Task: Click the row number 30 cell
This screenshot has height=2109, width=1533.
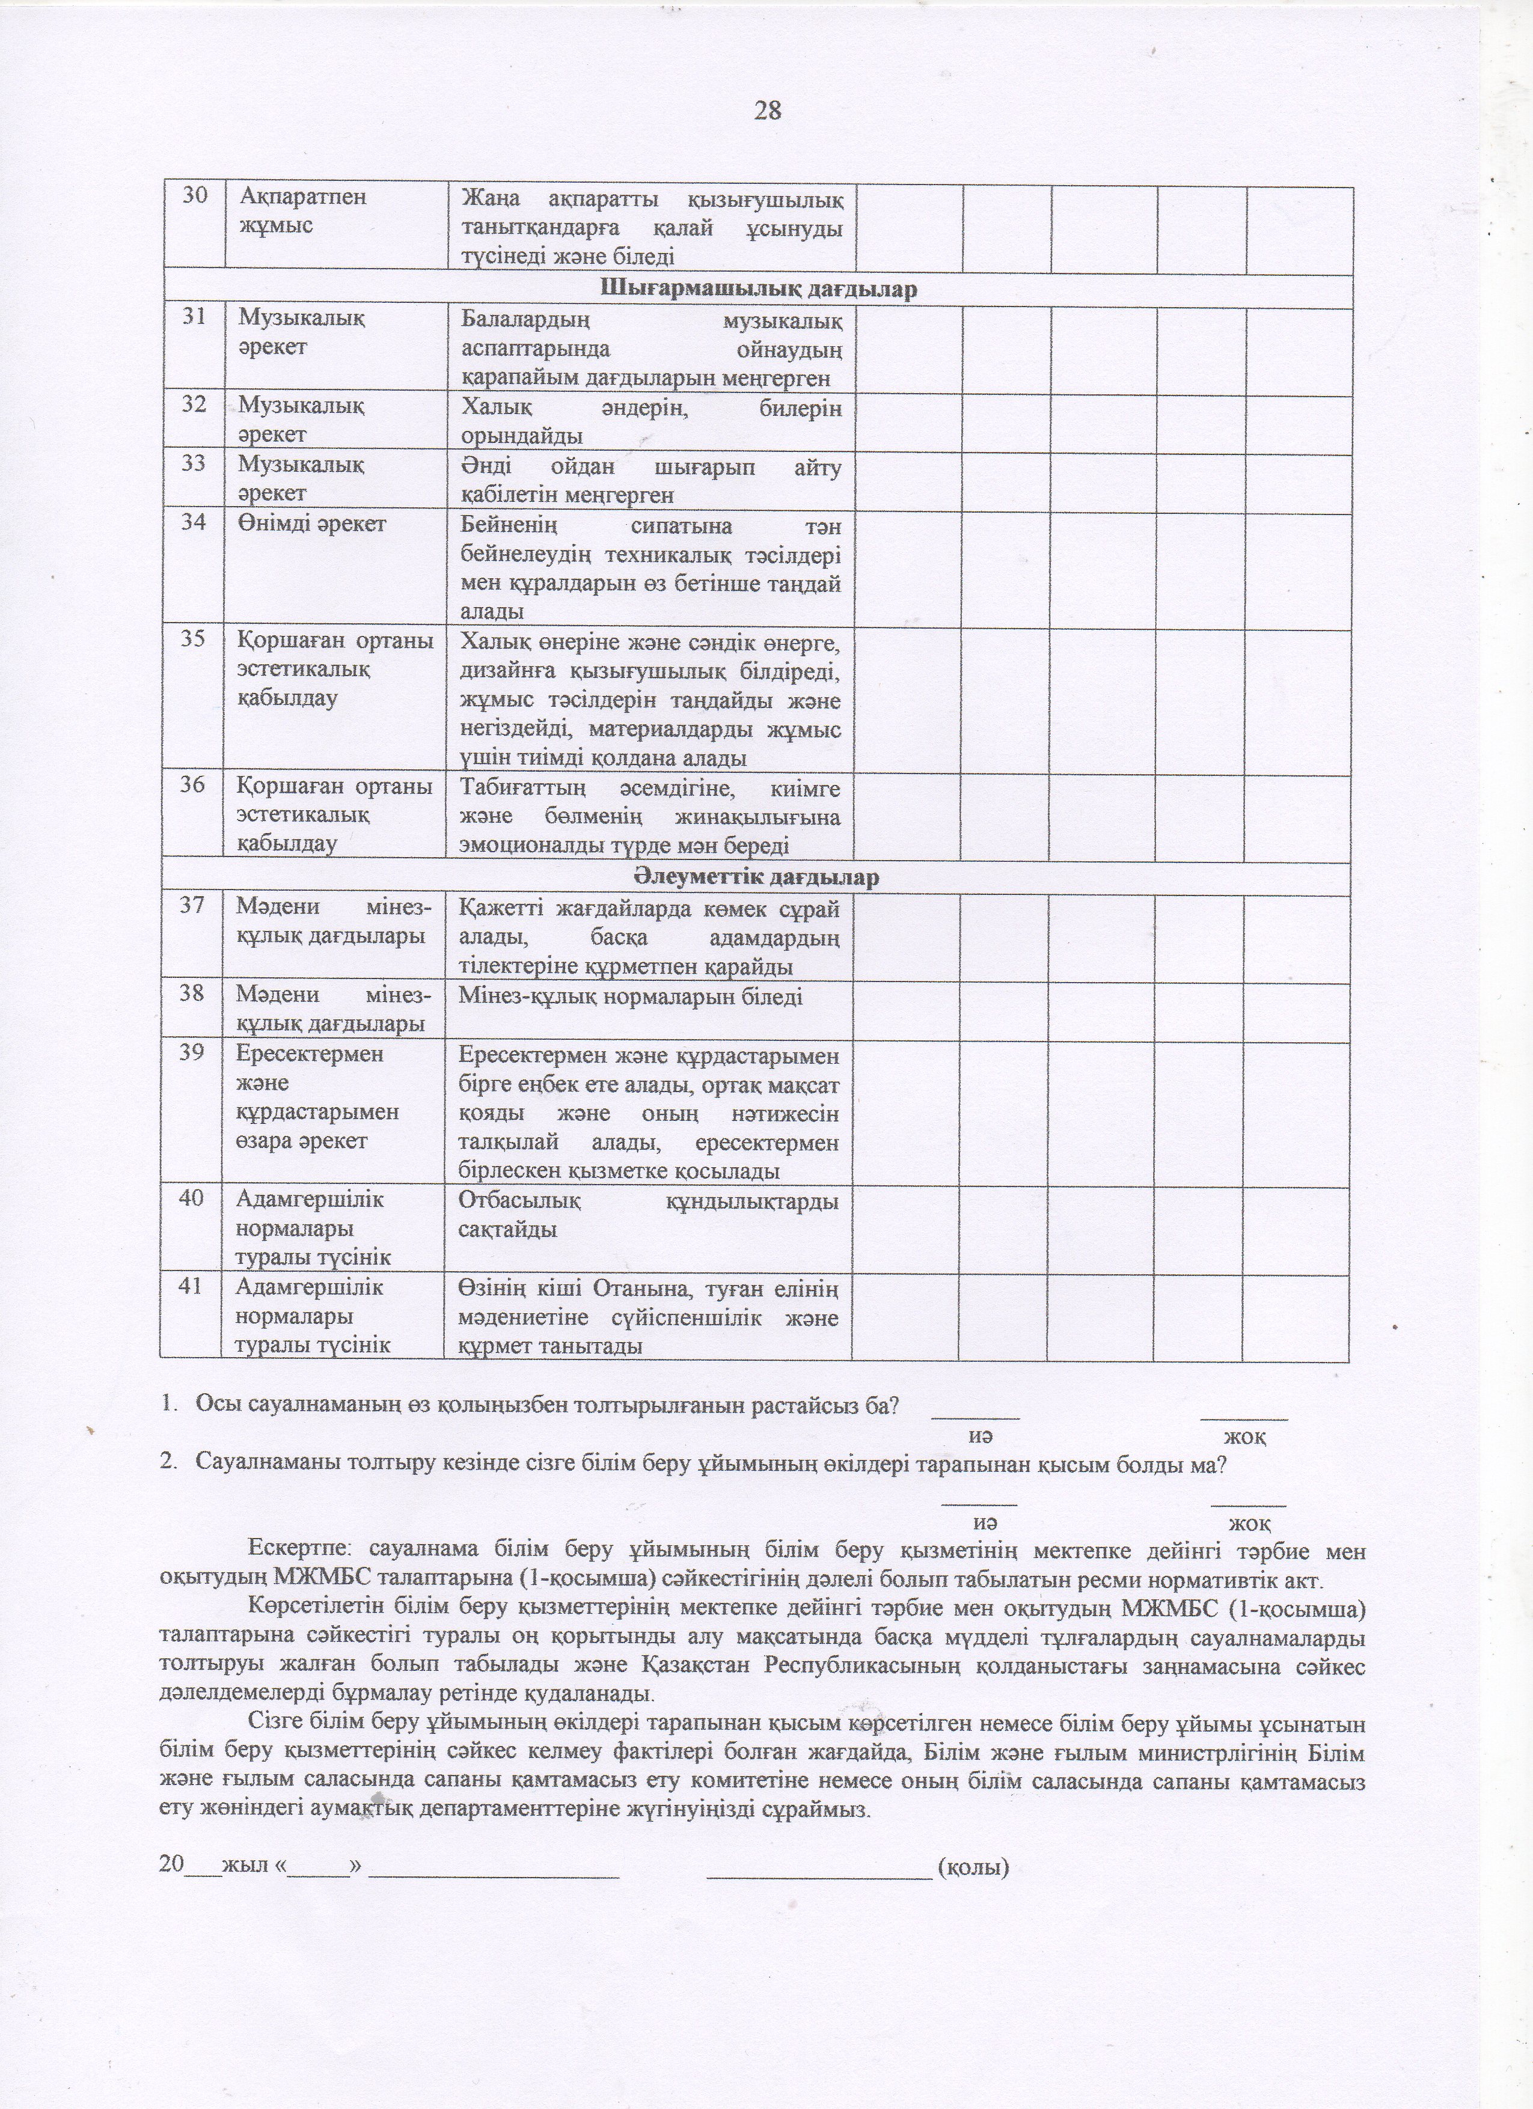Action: tap(194, 197)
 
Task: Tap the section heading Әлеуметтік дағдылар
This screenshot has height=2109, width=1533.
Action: tap(758, 877)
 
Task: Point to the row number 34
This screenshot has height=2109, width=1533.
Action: tap(194, 523)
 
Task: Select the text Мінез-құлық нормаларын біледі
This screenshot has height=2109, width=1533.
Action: tap(631, 997)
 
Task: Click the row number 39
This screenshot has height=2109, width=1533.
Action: tap(192, 1055)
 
